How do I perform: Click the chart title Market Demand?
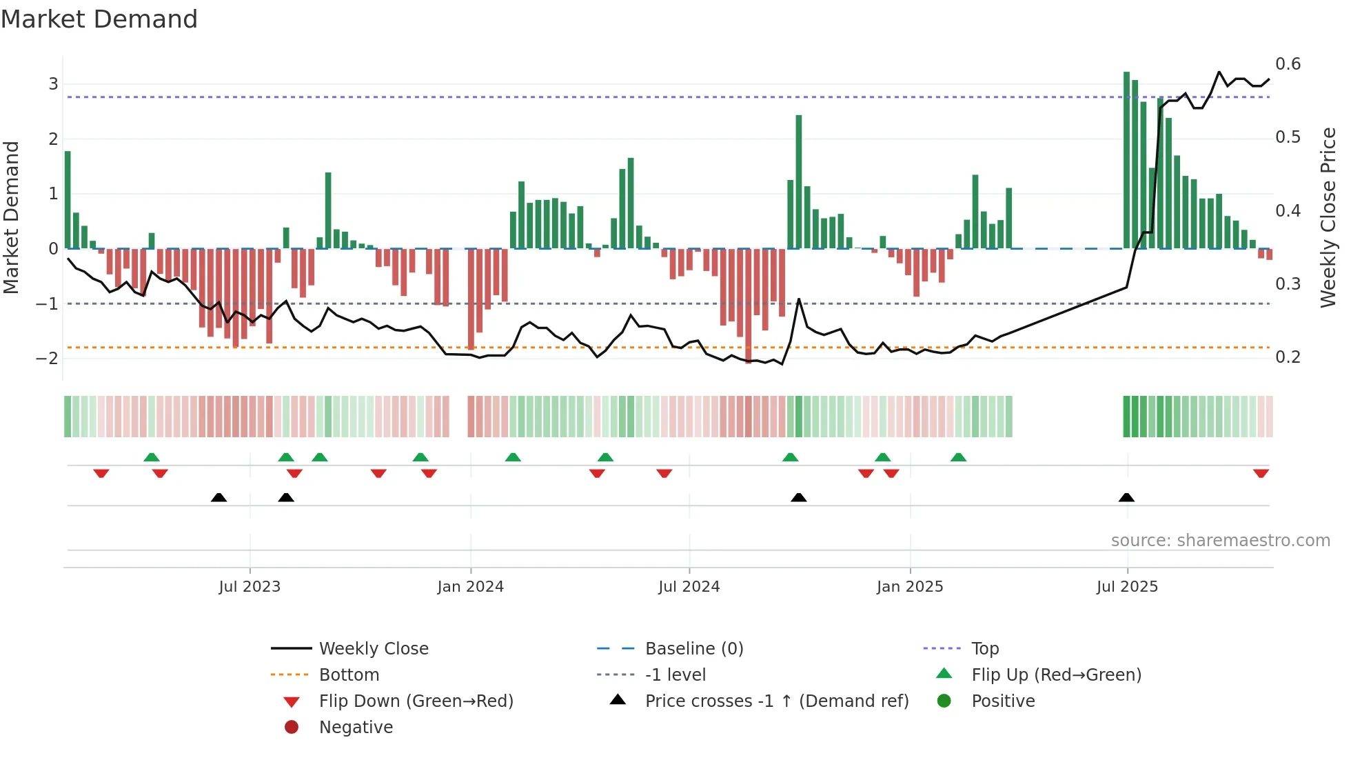[99, 19]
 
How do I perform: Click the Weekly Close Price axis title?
[1328, 217]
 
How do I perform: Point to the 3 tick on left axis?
[53, 84]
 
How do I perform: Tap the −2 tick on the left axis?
[48, 358]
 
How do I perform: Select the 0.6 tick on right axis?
[1288, 64]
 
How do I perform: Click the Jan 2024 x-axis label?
[470, 587]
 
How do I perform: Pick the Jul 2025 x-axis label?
[1127, 587]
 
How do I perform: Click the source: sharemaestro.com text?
[1220, 540]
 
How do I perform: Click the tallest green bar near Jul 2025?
[1126, 160]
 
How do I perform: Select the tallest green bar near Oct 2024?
[798, 181]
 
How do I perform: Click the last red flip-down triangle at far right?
[1261, 473]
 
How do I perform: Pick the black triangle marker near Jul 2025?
[1126, 497]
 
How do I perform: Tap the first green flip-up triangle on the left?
[152, 457]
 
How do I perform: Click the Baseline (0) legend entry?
[693, 648]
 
